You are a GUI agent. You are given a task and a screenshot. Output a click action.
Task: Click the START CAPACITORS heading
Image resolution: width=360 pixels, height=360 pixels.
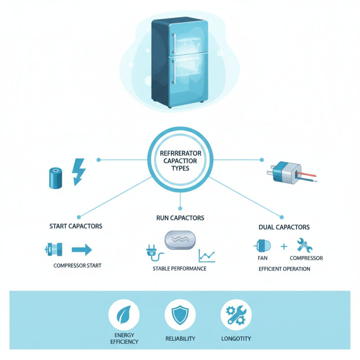point(76,226)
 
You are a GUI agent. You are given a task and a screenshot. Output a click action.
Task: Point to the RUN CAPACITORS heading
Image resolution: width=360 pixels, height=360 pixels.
point(180,218)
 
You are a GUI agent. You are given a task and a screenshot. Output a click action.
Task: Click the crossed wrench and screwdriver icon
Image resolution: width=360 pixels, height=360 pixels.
point(305,245)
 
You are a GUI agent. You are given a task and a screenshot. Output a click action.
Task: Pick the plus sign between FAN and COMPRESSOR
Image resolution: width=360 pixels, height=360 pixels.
point(283,247)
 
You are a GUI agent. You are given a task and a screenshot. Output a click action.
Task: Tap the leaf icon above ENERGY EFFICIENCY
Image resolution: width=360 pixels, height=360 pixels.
point(124,315)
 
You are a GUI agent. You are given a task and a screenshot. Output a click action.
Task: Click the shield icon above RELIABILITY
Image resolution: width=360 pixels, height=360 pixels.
point(180,315)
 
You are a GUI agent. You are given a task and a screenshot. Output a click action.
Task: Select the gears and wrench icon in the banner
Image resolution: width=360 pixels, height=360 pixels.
point(236,315)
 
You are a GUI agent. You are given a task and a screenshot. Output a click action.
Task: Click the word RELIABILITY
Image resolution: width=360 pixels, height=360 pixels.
point(180,338)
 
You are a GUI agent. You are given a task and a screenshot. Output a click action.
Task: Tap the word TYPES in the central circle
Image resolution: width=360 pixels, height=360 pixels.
point(180,168)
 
